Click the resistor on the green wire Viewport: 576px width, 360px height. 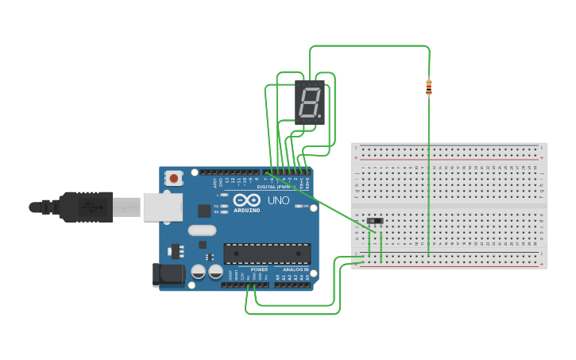[429, 87]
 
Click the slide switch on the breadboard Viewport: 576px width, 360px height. [376, 221]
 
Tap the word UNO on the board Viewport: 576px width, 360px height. [277, 200]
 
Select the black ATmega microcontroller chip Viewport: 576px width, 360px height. [266, 254]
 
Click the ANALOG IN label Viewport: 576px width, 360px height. [295, 269]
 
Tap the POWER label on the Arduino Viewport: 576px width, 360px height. [259, 269]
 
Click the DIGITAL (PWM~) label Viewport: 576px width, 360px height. [273, 187]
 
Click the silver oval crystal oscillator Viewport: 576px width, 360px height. [202, 230]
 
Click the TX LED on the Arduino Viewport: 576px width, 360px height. [225, 206]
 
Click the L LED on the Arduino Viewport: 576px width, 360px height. [225, 195]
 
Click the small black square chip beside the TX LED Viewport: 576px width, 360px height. [204, 211]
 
